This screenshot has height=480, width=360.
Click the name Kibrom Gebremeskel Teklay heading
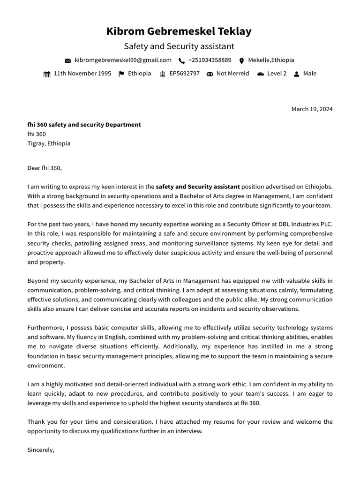(x=179, y=31)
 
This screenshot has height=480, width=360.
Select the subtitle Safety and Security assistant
(x=179, y=46)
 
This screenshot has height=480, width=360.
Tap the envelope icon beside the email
(x=67, y=60)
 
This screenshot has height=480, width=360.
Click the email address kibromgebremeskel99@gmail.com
(x=123, y=60)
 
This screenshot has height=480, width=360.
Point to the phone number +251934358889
(x=210, y=60)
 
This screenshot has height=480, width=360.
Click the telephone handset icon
(x=181, y=60)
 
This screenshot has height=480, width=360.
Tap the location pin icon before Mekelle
(x=241, y=60)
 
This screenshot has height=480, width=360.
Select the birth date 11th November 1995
(x=82, y=74)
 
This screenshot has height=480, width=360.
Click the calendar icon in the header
(x=47, y=74)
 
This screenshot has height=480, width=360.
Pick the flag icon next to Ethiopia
(x=121, y=74)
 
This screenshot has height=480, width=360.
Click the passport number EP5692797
(x=184, y=74)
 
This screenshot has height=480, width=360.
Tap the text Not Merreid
(x=232, y=74)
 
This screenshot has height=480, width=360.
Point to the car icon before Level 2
(x=260, y=74)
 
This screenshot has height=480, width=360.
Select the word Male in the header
(x=309, y=74)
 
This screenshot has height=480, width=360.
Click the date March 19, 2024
(x=312, y=109)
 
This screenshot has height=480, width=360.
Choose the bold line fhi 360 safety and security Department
(x=84, y=125)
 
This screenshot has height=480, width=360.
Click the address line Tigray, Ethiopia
(x=49, y=143)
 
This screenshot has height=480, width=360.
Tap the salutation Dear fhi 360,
(x=45, y=168)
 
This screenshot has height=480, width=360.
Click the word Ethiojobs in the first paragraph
(x=318, y=187)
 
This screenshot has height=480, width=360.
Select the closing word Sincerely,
(x=41, y=450)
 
